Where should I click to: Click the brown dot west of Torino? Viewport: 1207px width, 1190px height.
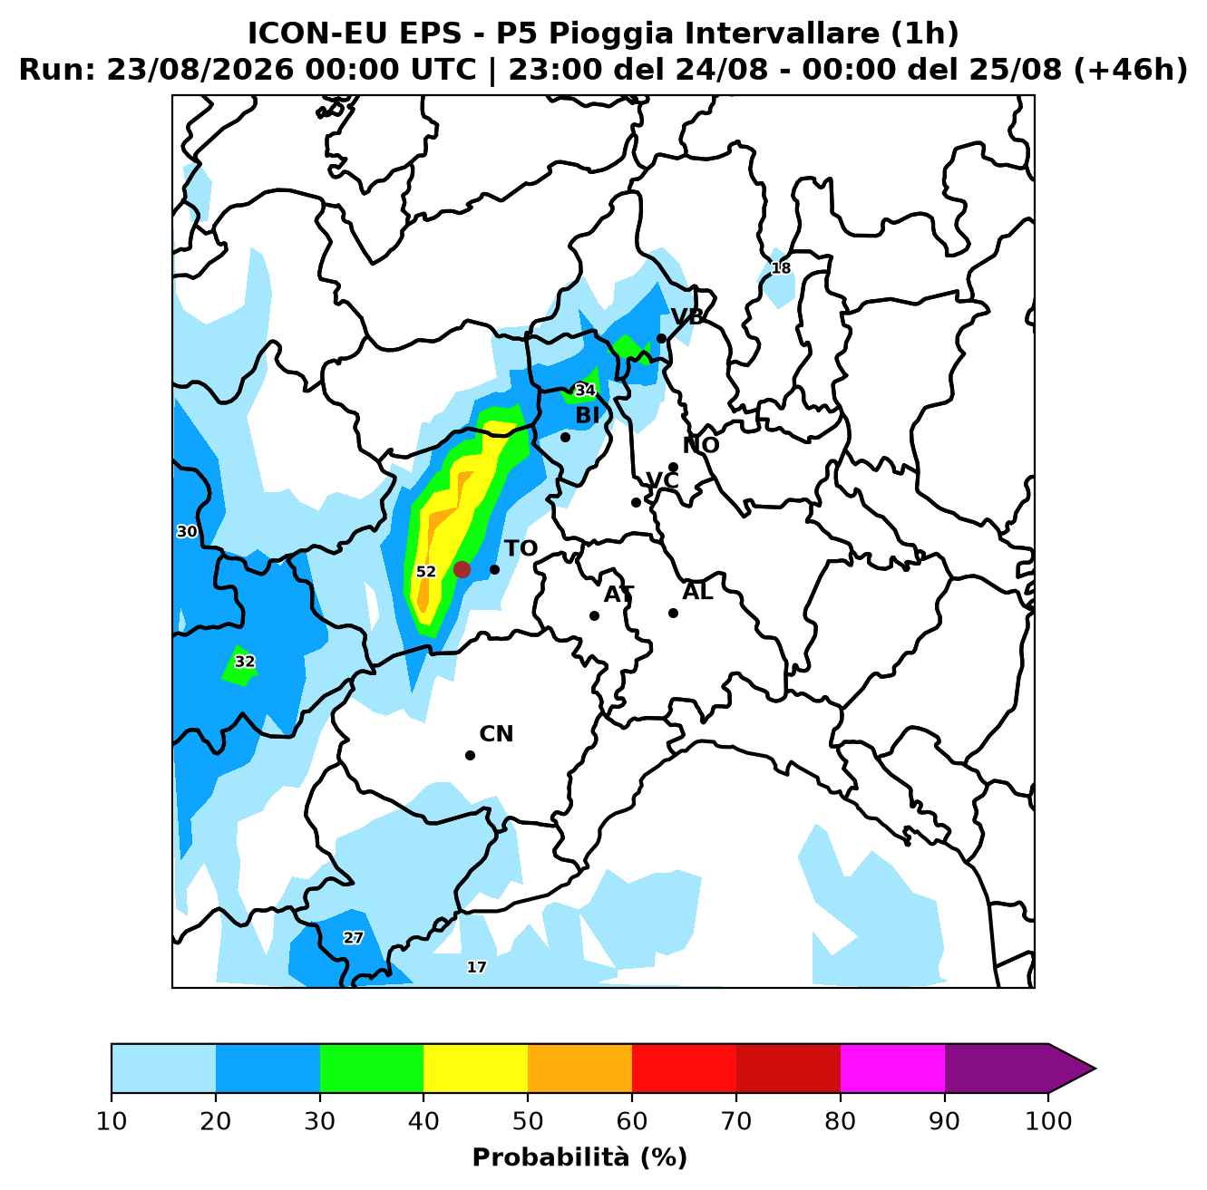point(462,569)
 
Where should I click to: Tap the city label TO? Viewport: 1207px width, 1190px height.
point(521,548)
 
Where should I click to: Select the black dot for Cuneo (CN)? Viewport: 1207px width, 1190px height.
point(470,755)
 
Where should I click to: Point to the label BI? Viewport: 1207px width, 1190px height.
point(587,415)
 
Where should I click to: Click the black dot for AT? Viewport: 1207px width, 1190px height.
point(594,615)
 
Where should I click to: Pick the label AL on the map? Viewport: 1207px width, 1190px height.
point(697,592)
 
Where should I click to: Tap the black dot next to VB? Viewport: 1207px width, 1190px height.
point(661,339)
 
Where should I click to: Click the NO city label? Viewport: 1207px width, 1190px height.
point(701,445)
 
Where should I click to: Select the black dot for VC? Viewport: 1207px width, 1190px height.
point(636,502)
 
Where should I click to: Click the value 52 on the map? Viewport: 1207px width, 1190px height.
point(426,572)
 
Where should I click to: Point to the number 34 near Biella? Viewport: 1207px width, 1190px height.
point(585,391)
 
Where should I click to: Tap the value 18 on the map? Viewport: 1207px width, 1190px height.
point(781,268)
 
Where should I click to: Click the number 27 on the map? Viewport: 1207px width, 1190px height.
point(353,938)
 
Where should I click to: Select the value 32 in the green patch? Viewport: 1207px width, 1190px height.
point(245,662)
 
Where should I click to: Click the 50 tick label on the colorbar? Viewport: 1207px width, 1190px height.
point(528,1121)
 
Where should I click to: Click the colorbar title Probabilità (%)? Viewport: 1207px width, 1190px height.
point(579,1157)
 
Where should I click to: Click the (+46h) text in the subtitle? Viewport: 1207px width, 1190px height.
point(1130,70)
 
